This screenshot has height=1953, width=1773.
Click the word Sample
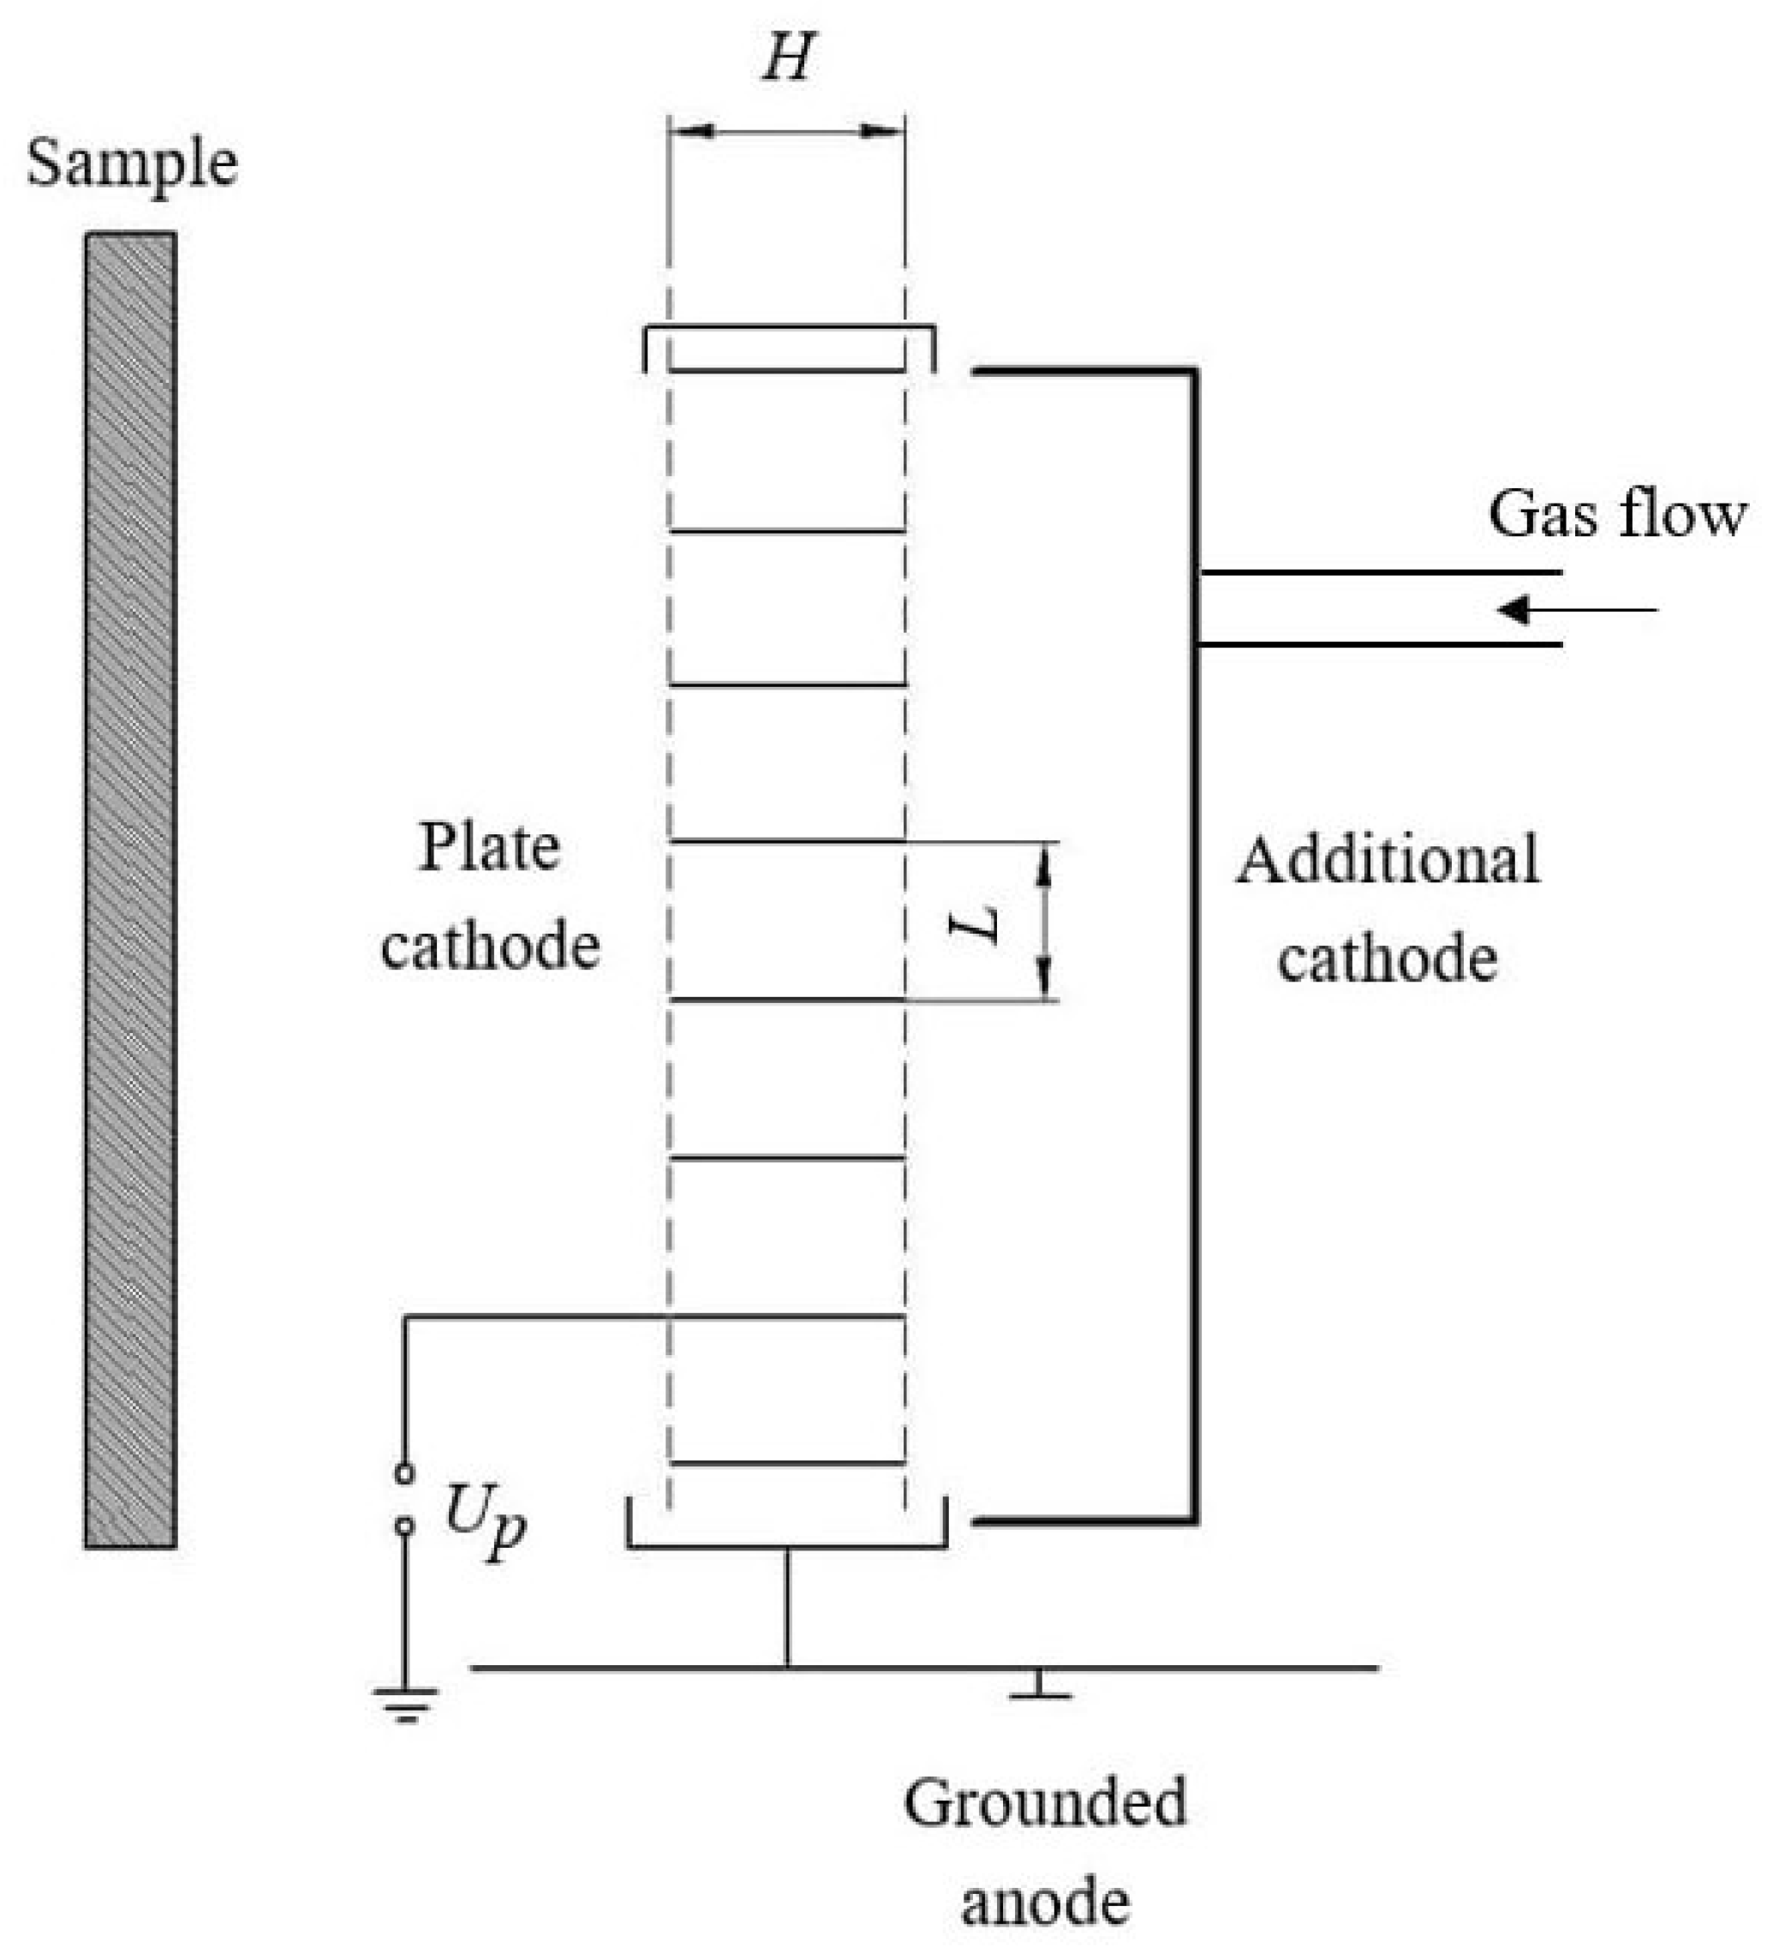(132, 164)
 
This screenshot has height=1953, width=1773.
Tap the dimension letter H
(786, 59)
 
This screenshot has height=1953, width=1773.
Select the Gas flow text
(1616, 513)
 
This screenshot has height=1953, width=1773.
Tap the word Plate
(489, 848)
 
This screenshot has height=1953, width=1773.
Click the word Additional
(1387, 860)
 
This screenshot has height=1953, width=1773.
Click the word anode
(1044, 1902)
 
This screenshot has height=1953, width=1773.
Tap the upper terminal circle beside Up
(405, 1474)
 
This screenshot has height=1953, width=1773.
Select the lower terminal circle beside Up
(405, 1526)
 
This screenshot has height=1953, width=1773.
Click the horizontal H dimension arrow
(786, 131)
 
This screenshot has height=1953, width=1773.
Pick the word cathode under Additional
(1388, 959)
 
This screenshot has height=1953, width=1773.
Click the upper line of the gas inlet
(1381, 572)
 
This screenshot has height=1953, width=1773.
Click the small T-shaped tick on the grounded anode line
(1039, 1687)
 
